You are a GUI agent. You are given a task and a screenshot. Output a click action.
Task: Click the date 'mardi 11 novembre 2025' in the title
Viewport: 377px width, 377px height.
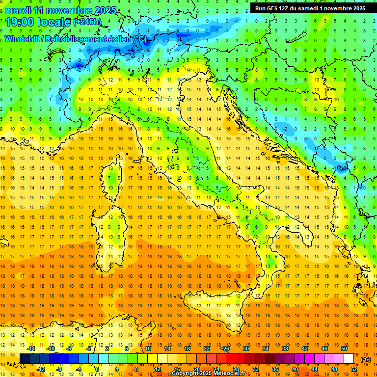point(61,10)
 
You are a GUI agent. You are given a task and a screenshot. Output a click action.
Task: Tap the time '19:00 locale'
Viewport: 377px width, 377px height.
point(37,22)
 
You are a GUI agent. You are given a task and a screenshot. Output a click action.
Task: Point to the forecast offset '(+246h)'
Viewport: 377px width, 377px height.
point(87,22)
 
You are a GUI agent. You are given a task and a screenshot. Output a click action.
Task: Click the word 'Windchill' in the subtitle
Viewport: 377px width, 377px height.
point(23,38)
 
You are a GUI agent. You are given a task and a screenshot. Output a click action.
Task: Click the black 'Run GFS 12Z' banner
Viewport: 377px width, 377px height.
point(310,8)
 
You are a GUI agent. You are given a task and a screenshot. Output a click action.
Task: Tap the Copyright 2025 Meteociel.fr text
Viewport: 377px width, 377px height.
point(212,373)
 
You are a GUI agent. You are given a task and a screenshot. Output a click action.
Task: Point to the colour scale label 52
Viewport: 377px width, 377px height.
point(354,369)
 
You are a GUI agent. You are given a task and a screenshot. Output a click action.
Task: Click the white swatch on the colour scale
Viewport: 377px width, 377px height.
point(349,358)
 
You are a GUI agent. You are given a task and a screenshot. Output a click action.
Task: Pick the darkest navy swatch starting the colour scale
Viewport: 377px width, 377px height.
point(25,358)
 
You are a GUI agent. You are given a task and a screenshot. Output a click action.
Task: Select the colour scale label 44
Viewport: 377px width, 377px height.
point(314,369)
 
